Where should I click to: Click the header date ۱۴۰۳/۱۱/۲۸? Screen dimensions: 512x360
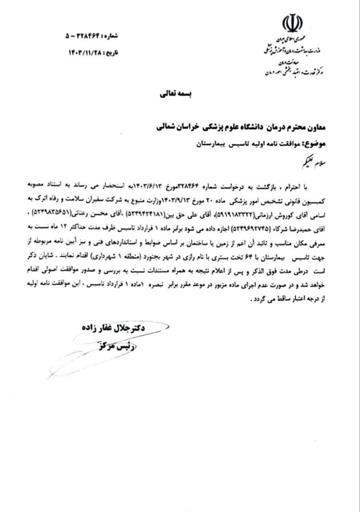pyautogui.click(x=86, y=53)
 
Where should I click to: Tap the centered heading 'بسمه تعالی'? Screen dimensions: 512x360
pyautogui.click(x=176, y=94)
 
